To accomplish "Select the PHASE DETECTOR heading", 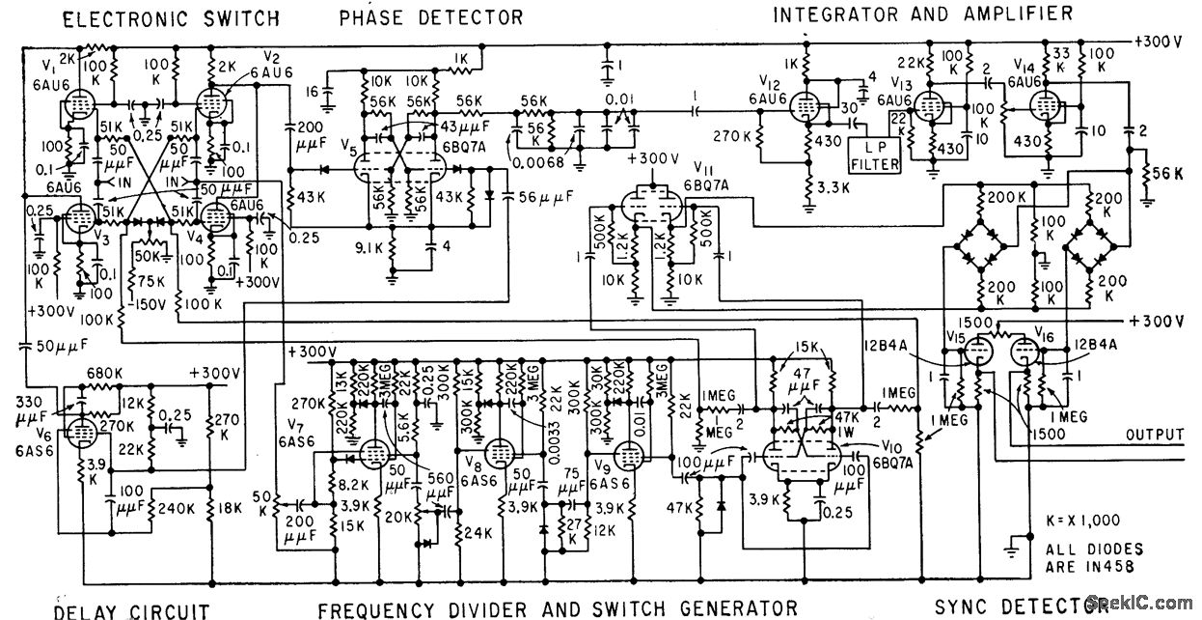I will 430,16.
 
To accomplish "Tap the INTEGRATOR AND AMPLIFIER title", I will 923,14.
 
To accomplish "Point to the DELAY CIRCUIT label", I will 131,609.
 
